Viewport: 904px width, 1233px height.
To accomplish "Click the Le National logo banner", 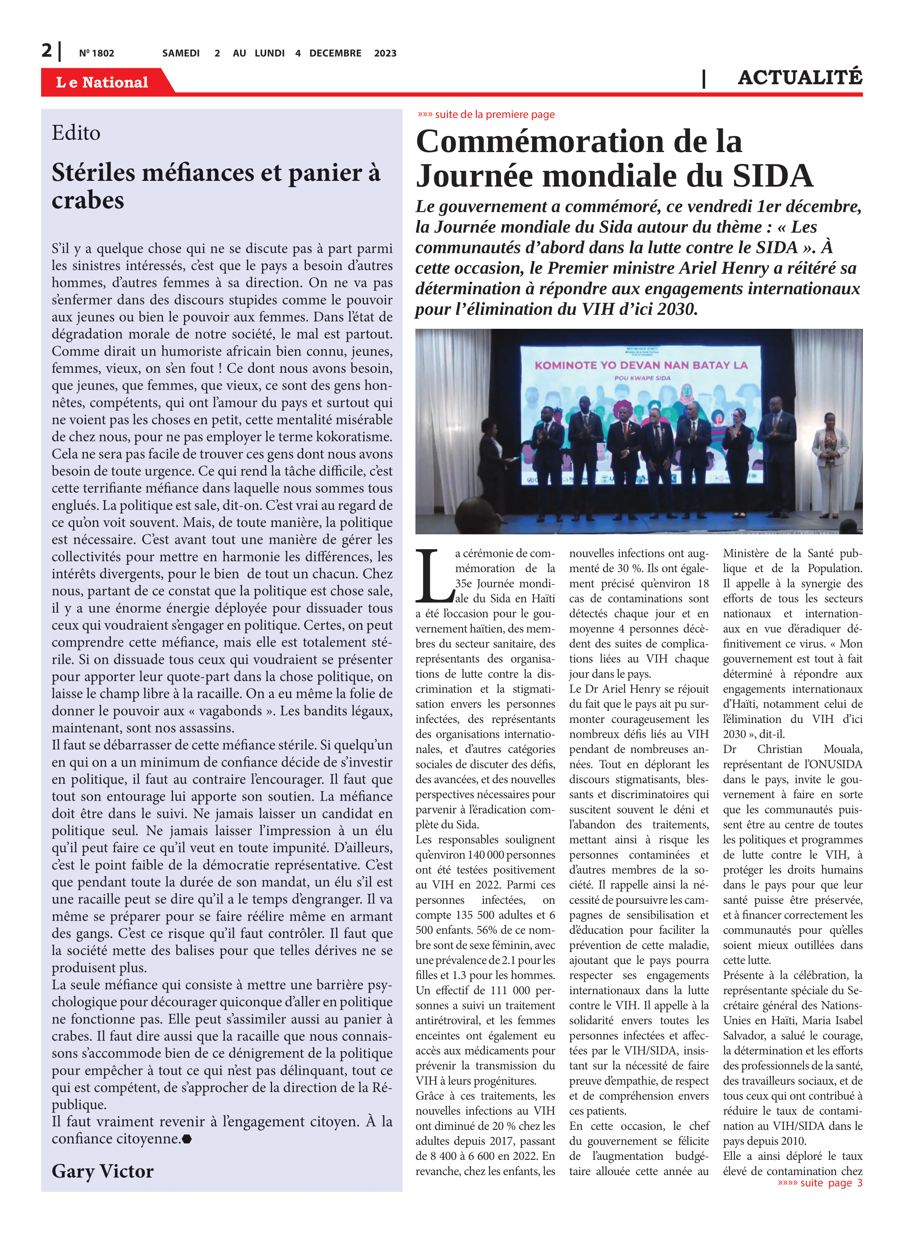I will pos(102,82).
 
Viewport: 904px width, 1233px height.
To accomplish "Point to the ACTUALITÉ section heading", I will pos(800,78).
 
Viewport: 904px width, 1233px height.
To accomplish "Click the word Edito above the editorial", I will pos(76,133).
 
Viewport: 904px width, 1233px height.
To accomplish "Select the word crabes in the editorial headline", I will pos(88,200).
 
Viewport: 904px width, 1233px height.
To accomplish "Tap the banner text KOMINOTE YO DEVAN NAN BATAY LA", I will pos(641,365).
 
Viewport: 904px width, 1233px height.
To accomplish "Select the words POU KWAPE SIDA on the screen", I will pos(642,378).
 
